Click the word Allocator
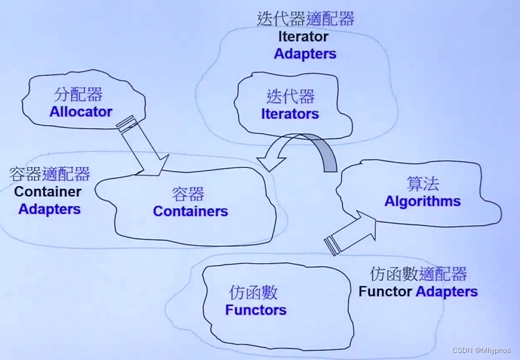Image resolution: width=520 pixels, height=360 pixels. click(x=81, y=111)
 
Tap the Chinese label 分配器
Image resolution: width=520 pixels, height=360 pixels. click(x=79, y=95)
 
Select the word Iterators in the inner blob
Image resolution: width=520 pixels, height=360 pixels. click(x=290, y=114)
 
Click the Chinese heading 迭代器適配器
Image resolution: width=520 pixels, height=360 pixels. click(x=305, y=19)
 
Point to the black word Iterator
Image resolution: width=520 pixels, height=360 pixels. click(x=304, y=36)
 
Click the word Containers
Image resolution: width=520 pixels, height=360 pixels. click(x=190, y=211)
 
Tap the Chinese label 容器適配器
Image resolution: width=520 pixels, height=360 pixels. click(x=50, y=174)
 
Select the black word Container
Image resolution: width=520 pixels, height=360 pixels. click(x=48, y=192)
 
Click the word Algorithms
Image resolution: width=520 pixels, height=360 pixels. click(x=422, y=201)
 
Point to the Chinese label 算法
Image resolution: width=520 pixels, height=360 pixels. click(x=423, y=183)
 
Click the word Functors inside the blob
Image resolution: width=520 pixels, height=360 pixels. click(x=256, y=310)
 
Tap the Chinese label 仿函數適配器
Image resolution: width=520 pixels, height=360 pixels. click(x=418, y=274)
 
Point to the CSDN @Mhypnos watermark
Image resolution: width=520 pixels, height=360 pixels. click(x=484, y=351)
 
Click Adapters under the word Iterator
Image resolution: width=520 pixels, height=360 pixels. click(x=305, y=53)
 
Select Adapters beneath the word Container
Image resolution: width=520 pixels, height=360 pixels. click(x=50, y=209)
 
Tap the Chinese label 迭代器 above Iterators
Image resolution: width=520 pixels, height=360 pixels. click(x=291, y=96)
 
